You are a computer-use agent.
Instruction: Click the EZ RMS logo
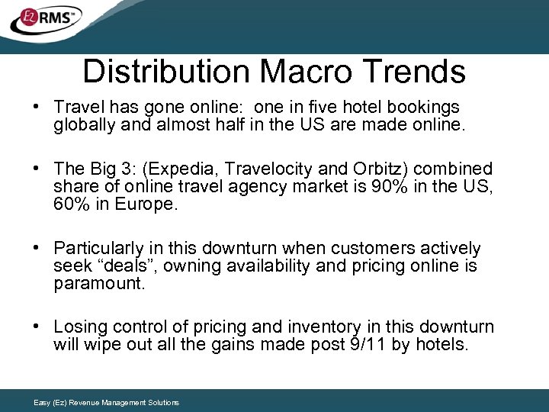pos(46,21)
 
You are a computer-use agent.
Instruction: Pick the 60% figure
pos(72,205)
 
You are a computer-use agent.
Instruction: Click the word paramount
pos(99,284)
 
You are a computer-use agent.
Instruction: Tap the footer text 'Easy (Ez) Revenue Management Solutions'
pos(107,403)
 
